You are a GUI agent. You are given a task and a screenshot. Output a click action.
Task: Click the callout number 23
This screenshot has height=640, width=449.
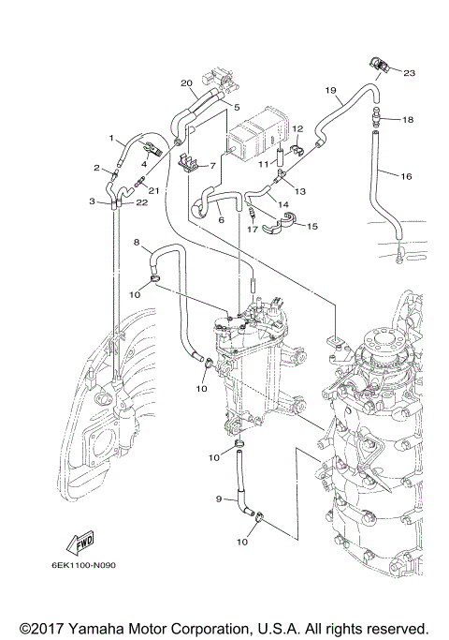pyautogui.click(x=409, y=72)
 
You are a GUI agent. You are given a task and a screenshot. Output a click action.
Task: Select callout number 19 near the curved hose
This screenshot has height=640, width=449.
pyautogui.click(x=330, y=90)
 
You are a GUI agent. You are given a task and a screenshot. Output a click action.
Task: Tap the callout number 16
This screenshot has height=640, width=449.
pyautogui.click(x=406, y=175)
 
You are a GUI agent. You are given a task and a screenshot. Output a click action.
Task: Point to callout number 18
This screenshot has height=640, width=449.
pyautogui.click(x=407, y=120)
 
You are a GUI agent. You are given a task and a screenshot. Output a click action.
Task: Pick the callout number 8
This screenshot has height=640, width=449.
pyautogui.click(x=137, y=244)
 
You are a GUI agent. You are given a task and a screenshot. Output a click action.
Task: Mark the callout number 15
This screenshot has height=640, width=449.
pyautogui.click(x=312, y=226)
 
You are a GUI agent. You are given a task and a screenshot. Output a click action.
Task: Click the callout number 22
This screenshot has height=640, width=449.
pyautogui.click(x=141, y=202)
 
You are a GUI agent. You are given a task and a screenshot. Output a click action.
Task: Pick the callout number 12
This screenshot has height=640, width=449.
pyautogui.click(x=297, y=128)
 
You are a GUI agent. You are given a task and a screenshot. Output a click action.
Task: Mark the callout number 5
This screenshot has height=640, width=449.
pyautogui.click(x=237, y=108)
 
